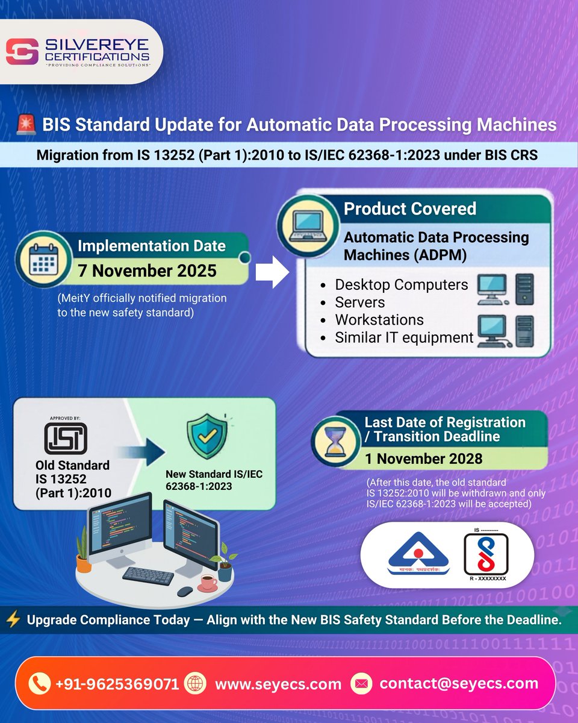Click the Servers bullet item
click(360, 302)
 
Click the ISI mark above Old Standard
click(65, 437)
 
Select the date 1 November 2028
click(423, 459)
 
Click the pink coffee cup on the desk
click(208, 582)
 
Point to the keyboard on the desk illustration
click(148, 575)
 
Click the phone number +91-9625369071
click(117, 684)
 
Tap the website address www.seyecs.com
click(278, 684)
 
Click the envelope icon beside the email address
click(362, 684)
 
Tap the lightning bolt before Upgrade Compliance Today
click(13, 620)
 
